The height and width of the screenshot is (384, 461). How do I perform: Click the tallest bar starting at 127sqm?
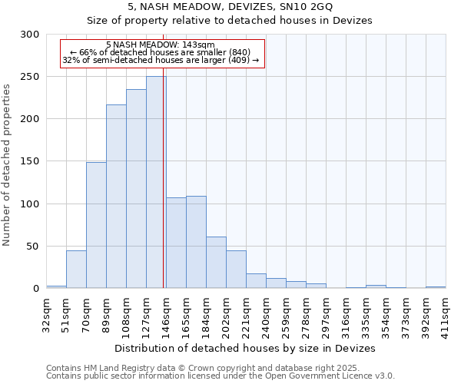coord(156,182)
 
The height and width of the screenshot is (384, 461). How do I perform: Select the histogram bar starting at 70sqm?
coord(96,225)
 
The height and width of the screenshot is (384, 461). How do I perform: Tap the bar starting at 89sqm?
coord(116,196)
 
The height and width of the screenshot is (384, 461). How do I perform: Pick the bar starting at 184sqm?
coord(216,262)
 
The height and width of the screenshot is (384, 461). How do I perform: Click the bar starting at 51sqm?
coord(76,269)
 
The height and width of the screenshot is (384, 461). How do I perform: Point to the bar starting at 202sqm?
coord(236,269)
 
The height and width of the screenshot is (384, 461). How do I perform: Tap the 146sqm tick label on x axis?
coord(166,313)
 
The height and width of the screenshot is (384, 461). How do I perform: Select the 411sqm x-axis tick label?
coord(446,313)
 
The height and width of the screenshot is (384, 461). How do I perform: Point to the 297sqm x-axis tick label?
coord(326,313)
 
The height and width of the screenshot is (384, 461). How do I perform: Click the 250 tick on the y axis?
coord(30,77)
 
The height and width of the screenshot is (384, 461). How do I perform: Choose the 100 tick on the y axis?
coord(30,204)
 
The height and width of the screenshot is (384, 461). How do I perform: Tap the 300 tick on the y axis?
coord(30,35)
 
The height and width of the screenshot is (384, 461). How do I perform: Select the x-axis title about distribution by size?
coord(246,348)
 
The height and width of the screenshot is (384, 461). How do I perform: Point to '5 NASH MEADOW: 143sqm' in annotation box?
coord(161,45)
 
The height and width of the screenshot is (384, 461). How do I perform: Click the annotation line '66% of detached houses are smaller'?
coord(161,52)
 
